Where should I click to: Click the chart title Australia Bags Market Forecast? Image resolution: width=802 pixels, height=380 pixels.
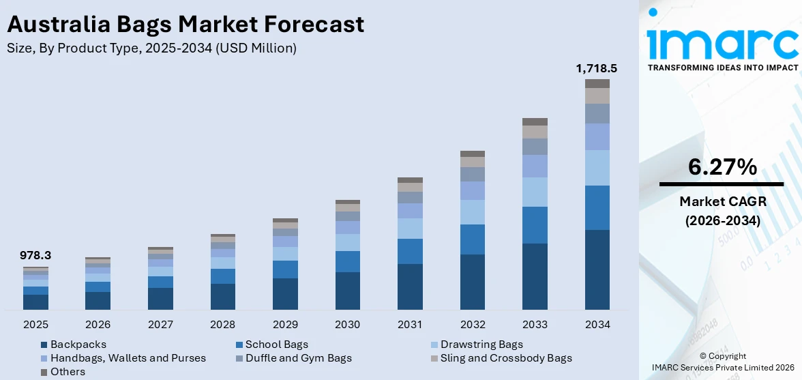185,25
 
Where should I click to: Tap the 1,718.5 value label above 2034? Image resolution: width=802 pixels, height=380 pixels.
597,68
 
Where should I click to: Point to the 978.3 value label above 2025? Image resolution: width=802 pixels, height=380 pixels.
35,256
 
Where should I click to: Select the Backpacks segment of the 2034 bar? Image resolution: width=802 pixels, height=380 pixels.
597,269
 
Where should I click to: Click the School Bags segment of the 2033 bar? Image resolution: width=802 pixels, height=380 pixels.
535,225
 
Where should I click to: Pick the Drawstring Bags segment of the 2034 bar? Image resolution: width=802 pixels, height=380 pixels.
597,168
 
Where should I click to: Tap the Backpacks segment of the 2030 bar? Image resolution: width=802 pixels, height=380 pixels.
348,291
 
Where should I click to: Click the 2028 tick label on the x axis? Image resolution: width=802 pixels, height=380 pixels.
223,324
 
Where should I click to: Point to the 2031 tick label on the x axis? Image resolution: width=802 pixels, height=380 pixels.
410,324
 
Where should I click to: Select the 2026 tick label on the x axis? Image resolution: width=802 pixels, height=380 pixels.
98,324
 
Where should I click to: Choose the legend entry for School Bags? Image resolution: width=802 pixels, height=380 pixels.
276,345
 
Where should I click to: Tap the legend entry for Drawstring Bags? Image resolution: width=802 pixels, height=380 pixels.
481,345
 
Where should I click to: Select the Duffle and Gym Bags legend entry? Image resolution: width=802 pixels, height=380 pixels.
298,358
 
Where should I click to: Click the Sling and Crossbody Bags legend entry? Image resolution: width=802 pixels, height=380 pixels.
505,358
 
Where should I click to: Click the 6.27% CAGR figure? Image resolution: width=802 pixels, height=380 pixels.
722,167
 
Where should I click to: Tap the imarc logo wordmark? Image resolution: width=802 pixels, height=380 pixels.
722,42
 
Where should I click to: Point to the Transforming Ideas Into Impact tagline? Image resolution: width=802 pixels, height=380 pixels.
722,68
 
